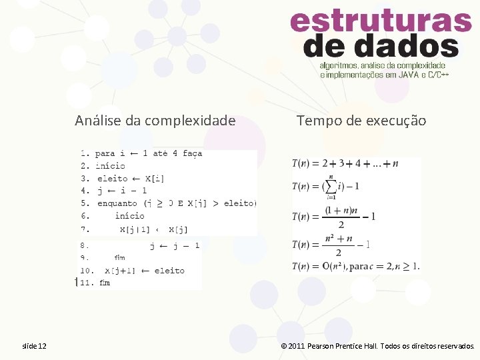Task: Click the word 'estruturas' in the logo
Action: (x=381, y=22)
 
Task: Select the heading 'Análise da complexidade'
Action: (x=155, y=121)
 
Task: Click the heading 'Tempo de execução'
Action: (x=361, y=121)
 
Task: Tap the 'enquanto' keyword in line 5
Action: (x=117, y=203)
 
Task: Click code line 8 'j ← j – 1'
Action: (x=174, y=245)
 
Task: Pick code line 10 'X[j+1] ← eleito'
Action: (x=144, y=270)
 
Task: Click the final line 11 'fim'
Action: (x=105, y=283)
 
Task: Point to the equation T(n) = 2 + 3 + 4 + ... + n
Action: (x=345, y=163)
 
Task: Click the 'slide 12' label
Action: (x=34, y=346)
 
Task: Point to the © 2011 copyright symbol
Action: (x=284, y=347)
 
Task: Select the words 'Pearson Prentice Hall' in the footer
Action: (x=342, y=347)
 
